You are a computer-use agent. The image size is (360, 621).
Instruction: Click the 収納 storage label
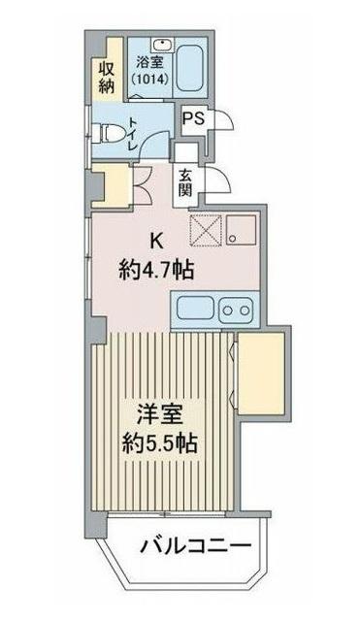pyautogui.click(x=106, y=76)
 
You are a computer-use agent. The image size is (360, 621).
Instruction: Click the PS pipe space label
pyautogui.click(x=193, y=120)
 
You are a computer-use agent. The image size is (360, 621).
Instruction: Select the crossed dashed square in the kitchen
pyautogui.click(x=206, y=232)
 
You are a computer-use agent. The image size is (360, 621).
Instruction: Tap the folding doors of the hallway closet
pyautogui.click(x=139, y=183)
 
